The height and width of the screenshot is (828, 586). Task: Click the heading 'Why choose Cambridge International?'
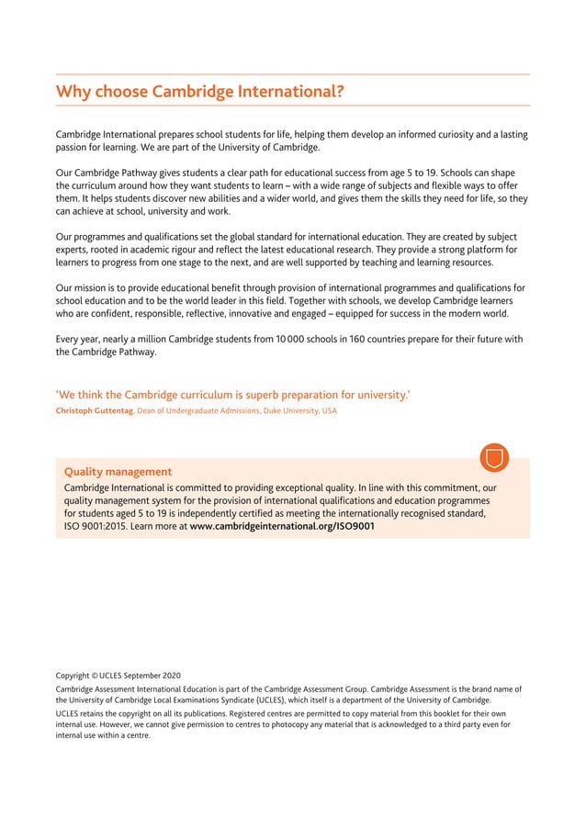(x=200, y=92)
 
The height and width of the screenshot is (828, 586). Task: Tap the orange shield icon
(x=494, y=456)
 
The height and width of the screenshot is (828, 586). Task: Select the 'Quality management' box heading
(x=118, y=472)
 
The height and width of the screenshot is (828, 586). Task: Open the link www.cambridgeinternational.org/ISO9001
(x=282, y=527)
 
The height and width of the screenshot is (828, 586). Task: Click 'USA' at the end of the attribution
(x=329, y=411)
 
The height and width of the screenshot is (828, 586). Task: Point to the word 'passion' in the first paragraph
(x=73, y=147)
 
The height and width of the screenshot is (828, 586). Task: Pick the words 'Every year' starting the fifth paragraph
(x=78, y=339)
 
